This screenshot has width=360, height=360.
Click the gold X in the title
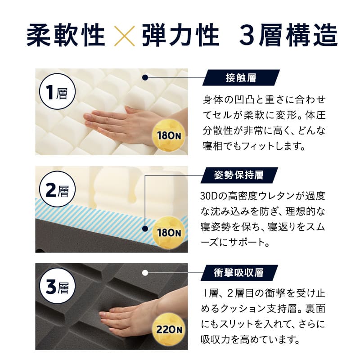(x=124, y=35)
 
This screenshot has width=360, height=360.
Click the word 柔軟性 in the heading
(x=66, y=35)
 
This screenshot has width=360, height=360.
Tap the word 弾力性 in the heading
(x=180, y=35)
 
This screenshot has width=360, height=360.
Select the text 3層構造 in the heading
(x=288, y=35)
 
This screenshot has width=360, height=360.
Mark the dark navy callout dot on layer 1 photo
(x=145, y=78)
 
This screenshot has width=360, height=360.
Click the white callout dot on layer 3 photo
(x=145, y=272)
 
